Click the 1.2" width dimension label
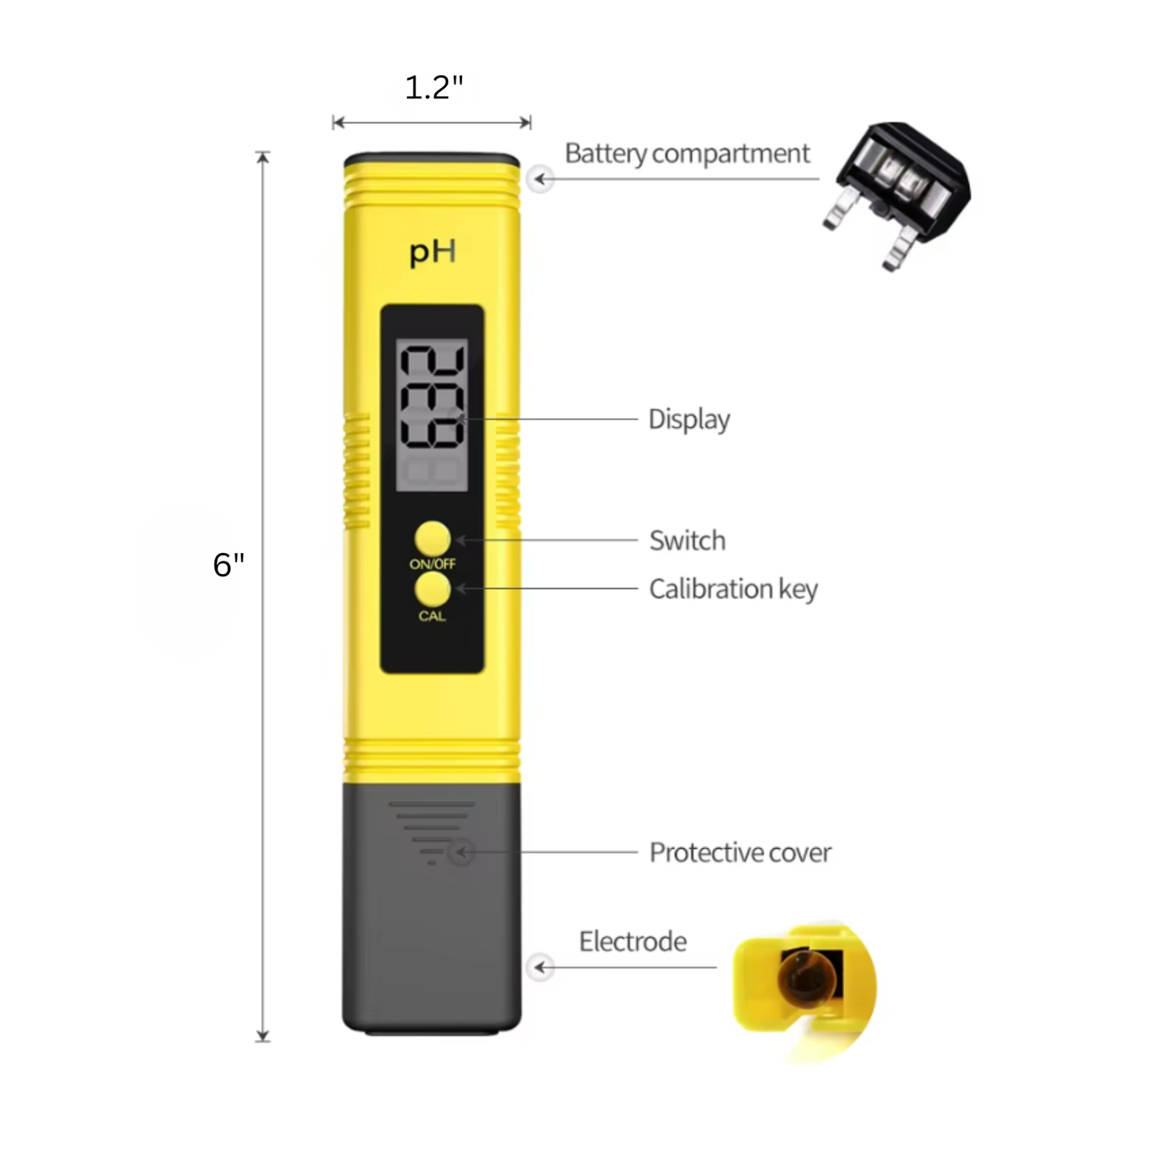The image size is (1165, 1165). pos(434,88)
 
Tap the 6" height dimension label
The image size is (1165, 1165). pos(228,564)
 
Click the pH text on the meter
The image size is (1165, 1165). pos(432,252)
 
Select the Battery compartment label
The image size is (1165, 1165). pos(687,154)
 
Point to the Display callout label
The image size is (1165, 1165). pos(689,419)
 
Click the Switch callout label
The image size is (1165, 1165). pos(688,540)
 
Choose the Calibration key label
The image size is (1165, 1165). pos(734,589)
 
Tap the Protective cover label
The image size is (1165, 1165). pos(741,852)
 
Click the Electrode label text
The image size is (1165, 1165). pos(633,942)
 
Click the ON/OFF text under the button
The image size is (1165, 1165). pos(432,564)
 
